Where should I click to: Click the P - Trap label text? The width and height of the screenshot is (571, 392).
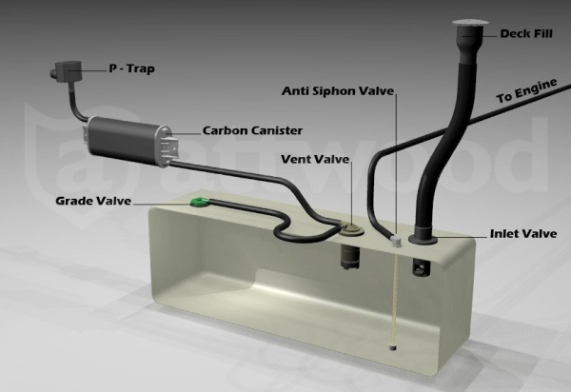(132, 69)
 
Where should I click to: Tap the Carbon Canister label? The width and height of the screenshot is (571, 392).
(252, 130)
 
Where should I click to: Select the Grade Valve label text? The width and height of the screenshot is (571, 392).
(93, 201)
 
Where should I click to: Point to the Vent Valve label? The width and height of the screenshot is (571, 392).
(315, 159)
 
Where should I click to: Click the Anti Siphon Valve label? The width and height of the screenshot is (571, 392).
(338, 90)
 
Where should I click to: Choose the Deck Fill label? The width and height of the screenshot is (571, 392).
(526, 33)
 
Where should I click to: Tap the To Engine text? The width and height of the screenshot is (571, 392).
(526, 90)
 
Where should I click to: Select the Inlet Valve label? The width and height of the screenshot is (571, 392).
(523, 234)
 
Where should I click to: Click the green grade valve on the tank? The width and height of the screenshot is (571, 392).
(200, 202)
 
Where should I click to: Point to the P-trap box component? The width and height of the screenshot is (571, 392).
(66, 70)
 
